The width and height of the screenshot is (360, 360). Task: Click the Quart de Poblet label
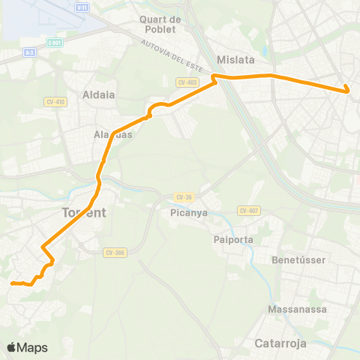click(x=157, y=24)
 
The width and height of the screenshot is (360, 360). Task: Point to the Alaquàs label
click(x=112, y=135)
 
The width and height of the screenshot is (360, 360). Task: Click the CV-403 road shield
click(x=187, y=82)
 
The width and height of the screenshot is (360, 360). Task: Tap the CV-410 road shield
click(x=56, y=101)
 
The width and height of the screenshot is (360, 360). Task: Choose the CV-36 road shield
click(x=184, y=196)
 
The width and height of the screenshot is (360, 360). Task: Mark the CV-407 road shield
click(x=248, y=211)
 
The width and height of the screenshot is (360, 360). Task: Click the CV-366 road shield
click(x=115, y=252)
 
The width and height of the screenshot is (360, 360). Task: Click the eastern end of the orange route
click(x=349, y=91)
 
